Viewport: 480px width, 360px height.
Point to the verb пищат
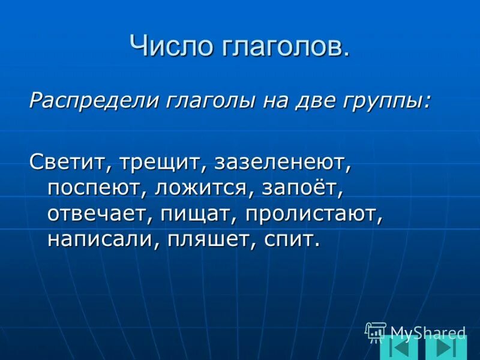pos(197,215)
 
